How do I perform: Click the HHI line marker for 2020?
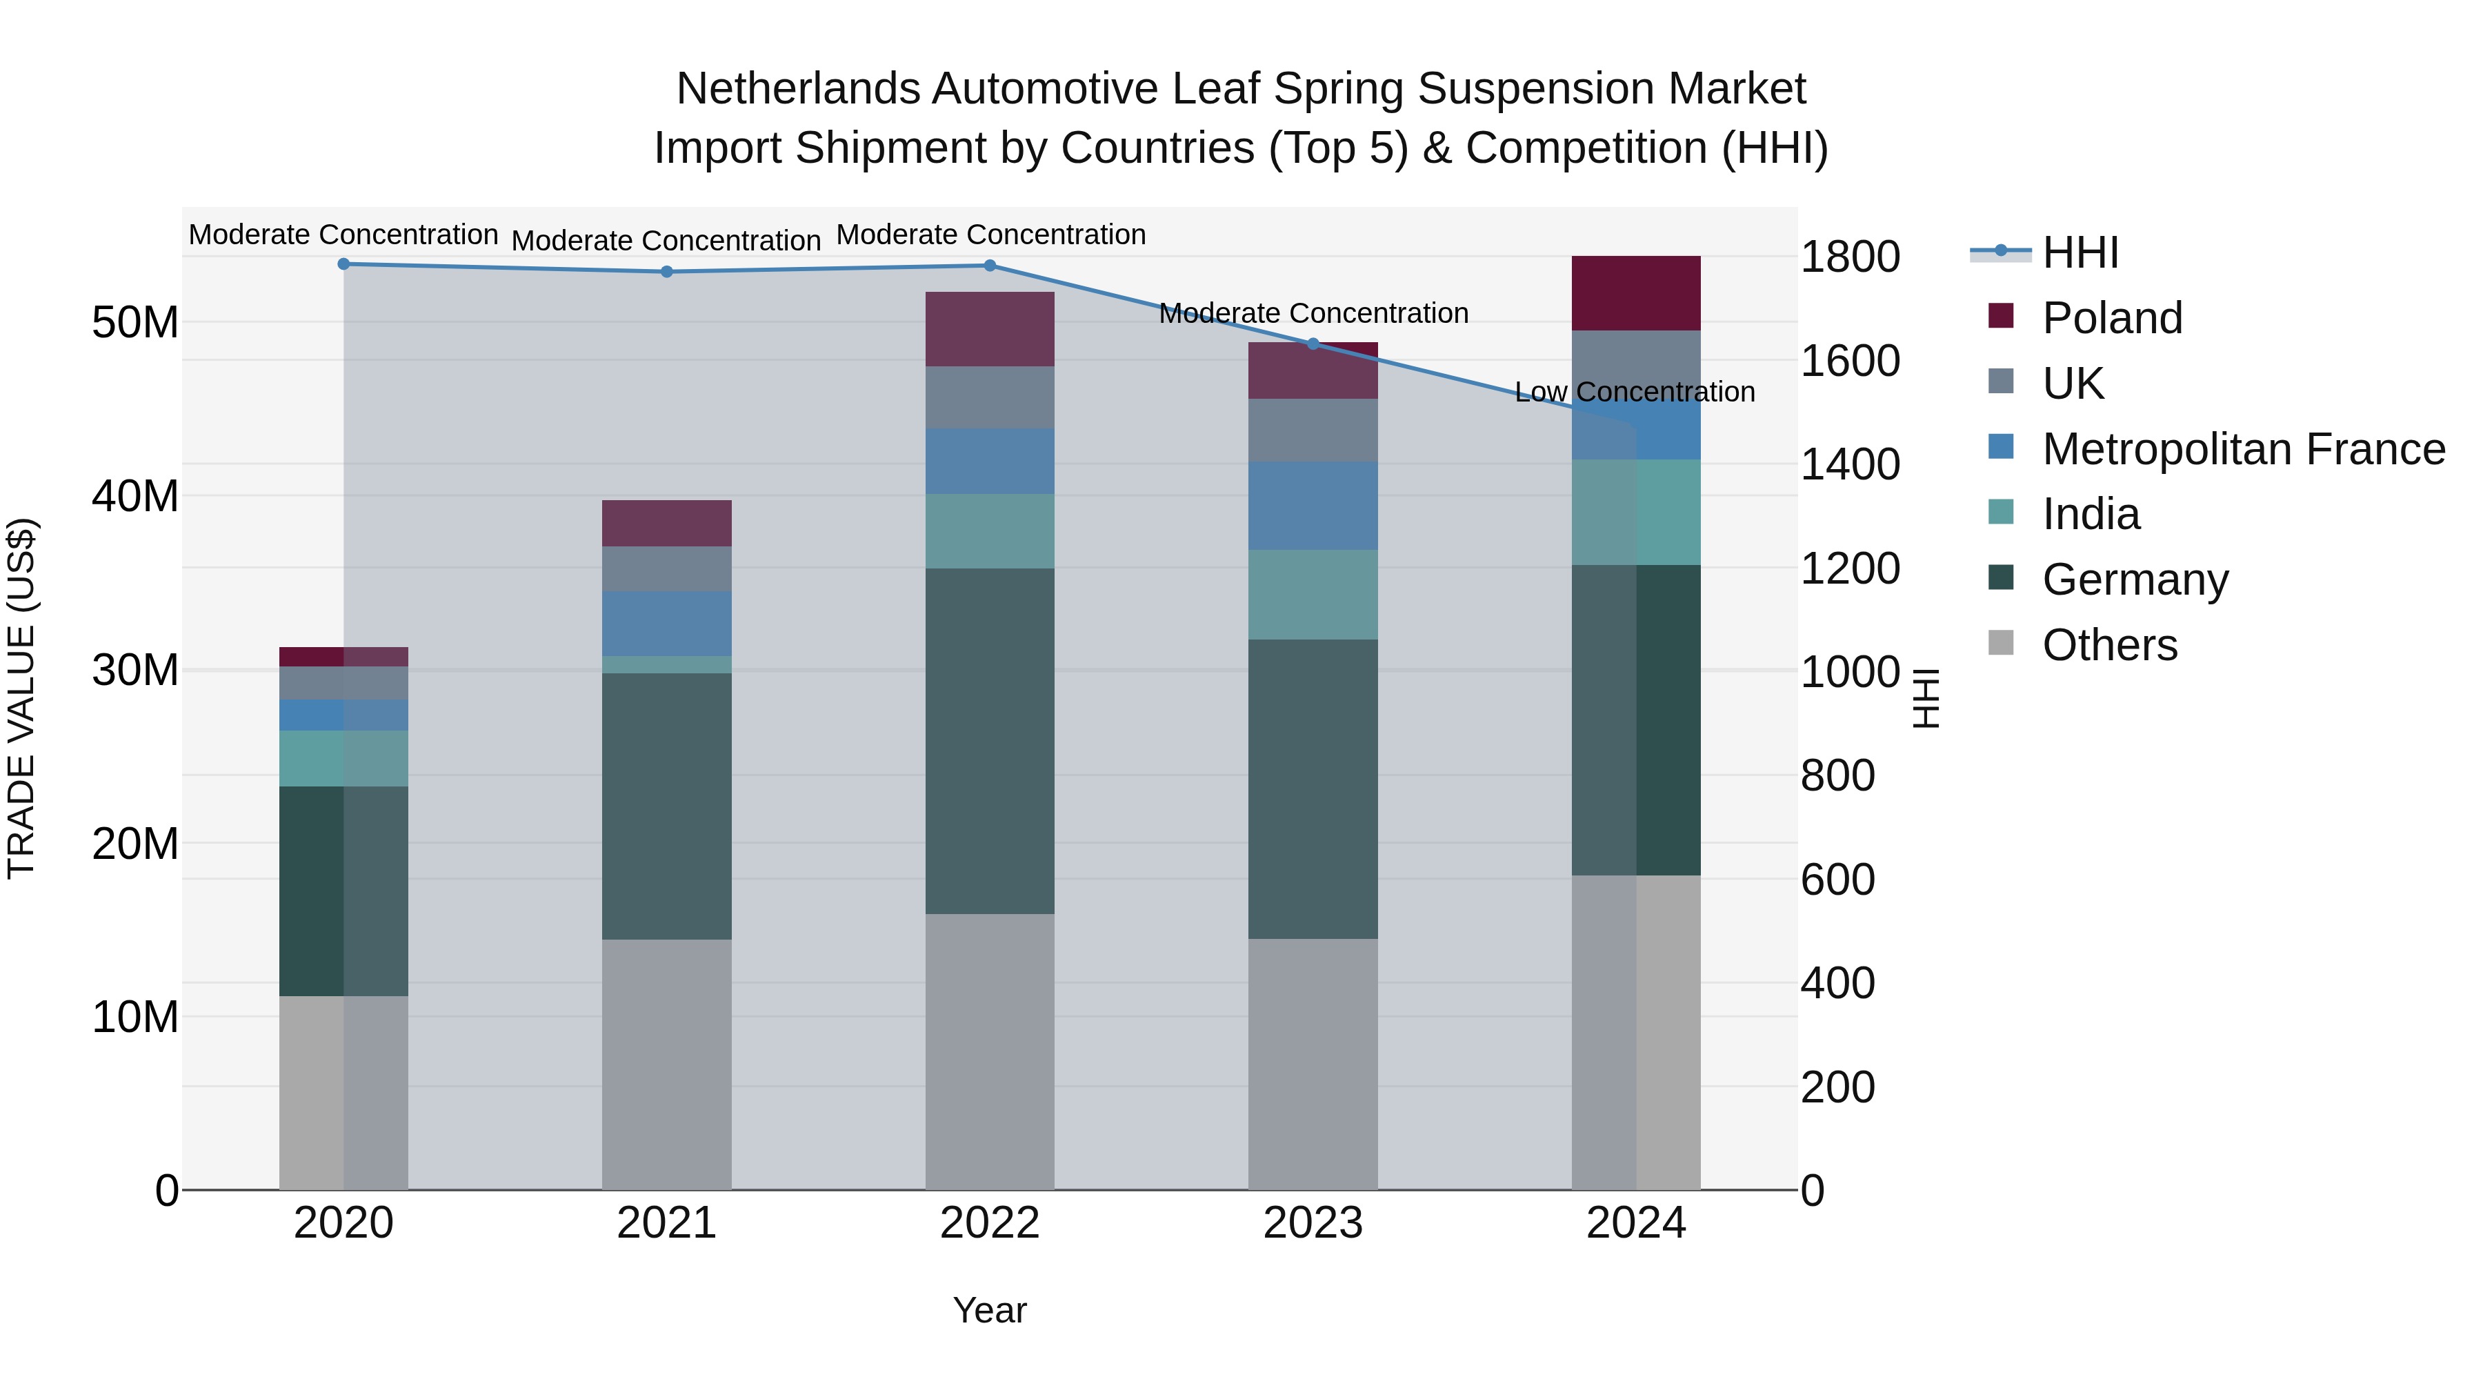click(343, 264)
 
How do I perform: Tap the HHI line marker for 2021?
click(666, 272)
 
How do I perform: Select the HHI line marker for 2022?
click(990, 265)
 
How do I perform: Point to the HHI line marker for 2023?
click(1313, 344)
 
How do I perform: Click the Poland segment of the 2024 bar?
click(1636, 293)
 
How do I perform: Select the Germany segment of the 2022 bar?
click(990, 740)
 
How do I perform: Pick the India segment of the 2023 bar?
click(1313, 594)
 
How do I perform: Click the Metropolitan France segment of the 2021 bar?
click(666, 623)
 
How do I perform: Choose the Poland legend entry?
click(2111, 318)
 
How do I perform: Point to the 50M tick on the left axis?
click(135, 322)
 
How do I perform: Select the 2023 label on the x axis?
click(1313, 1223)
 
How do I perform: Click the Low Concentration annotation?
click(1635, 393)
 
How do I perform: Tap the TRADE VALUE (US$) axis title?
click(22, 698)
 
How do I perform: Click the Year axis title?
click(990, 1310)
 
